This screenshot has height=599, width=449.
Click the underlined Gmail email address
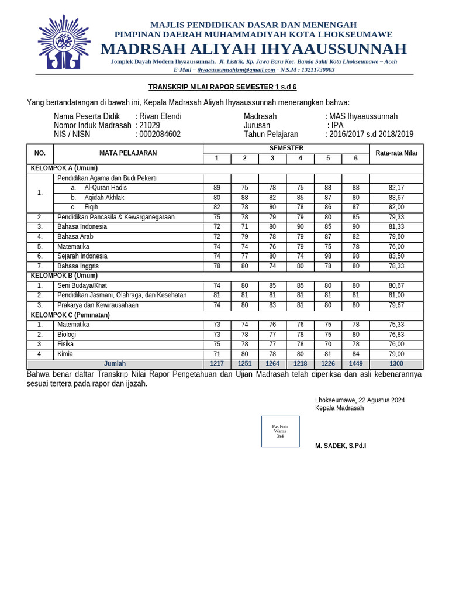(x=236, y=70)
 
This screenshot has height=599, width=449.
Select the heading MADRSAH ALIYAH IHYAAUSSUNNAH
(x=253, y=49)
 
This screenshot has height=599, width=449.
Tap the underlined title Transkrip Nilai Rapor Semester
(x=222, y=87)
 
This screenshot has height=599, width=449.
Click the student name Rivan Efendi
(x=160, y=116)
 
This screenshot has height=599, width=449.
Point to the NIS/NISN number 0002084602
(x=160, y=134)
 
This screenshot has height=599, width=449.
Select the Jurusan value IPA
(x=337, y=125)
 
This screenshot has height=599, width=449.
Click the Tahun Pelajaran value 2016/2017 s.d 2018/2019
(x=372, y=134)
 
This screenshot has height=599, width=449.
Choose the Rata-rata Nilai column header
(x=396, y=153)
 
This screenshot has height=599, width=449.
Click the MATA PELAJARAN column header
(x=128, y=153)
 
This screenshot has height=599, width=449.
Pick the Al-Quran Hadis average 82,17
(x=396, y=188)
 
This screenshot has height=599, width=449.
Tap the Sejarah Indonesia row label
(x=82, y=256)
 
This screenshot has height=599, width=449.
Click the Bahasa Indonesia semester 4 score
(x=300, y=226)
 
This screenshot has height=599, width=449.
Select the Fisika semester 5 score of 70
(x=328, y=344)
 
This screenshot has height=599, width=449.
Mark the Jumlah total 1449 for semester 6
(x=355, y=363)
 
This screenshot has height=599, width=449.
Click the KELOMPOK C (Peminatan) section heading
(x=70, y=315)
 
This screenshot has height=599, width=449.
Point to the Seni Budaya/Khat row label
(x=82, y=285)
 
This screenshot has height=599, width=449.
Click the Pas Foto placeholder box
(x=280, y=432)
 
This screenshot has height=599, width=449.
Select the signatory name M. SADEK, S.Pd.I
(x=340, y=446)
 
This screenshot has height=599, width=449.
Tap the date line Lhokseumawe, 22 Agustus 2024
(x=360, y=400)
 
